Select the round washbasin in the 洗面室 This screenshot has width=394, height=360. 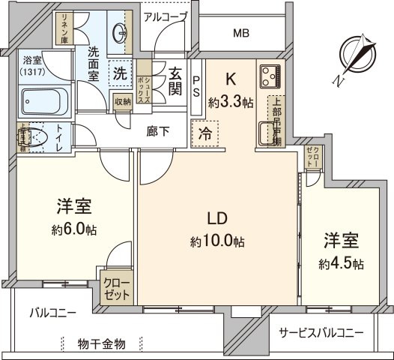pyautogui.click(x=121, y=34)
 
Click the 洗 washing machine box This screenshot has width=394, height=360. pyautogui.click(x=119, y=73)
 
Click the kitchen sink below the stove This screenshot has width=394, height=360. pyautogui.click(x=267, y=134)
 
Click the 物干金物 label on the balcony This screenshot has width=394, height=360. pyautogui.click(x=102, y=343)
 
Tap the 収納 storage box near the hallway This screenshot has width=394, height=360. pyautogui.click(x=123, y=102)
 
